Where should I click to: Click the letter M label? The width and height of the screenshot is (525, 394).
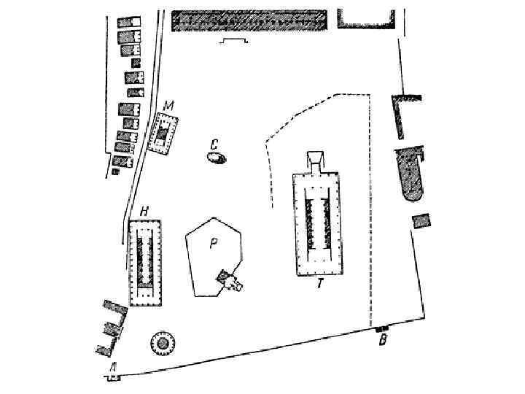(168, 107)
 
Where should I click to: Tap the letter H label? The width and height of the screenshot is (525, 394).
(144, 212)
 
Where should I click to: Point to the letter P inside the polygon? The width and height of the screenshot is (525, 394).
(214, 244)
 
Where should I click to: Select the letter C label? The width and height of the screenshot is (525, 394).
(214, 143)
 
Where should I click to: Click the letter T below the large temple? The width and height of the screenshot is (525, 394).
(319, 284)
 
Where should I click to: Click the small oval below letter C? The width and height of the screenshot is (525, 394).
(214, 157)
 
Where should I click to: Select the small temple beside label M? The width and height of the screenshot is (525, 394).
(164, 133)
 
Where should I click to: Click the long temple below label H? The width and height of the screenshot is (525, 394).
(144, 263)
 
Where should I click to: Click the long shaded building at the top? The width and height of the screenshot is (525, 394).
(249, 20)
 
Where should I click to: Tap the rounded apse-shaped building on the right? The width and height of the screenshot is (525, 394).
(411, 174)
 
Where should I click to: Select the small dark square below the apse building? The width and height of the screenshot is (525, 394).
(421, 222)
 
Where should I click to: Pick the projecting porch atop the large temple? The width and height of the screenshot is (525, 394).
(316, 161)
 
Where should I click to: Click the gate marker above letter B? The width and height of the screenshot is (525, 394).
(380, 329)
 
